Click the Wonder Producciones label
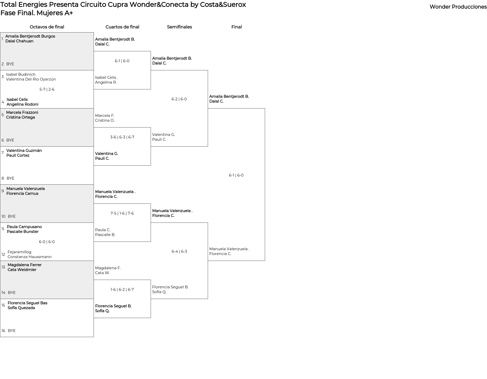tap(458, 7)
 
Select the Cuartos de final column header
tap(122, 27)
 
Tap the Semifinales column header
tap(179, 27)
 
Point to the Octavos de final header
tap(47, 27)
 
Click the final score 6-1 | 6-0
tap(236, 175)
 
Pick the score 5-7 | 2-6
tap(47, 89)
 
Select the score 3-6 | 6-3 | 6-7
tap(122, 137)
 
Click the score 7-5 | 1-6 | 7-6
tap(122, 213)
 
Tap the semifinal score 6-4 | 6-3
tap(179, 251)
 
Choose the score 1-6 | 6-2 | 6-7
tap(122, 290)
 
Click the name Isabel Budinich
tap(21, 74)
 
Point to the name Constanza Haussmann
tap(29, 257)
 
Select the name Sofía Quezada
tap(21, 308)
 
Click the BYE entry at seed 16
tap(12, 331)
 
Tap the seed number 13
tap(3, 267)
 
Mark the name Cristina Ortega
tap(21, 117)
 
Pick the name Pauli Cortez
tap(18, 155)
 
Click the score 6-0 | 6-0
tap(47, 242)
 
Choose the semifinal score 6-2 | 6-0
tap(179, 99)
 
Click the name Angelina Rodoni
tap(22, 104)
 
